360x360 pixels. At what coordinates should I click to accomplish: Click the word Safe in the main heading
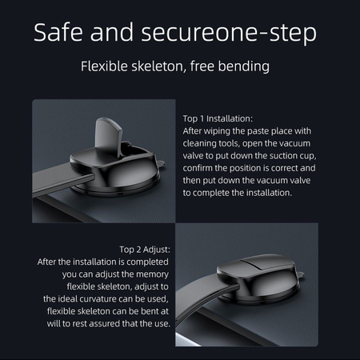58,32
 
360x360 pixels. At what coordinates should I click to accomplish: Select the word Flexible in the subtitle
104,66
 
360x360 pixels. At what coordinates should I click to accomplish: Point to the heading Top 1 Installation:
218,118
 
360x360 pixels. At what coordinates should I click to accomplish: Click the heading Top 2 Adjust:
145,250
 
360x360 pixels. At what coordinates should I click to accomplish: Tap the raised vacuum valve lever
110,134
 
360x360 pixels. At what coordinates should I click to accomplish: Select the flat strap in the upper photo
62,181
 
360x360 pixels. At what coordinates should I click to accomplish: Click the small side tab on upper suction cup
161,163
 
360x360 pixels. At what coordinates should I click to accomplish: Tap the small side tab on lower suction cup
300,274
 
